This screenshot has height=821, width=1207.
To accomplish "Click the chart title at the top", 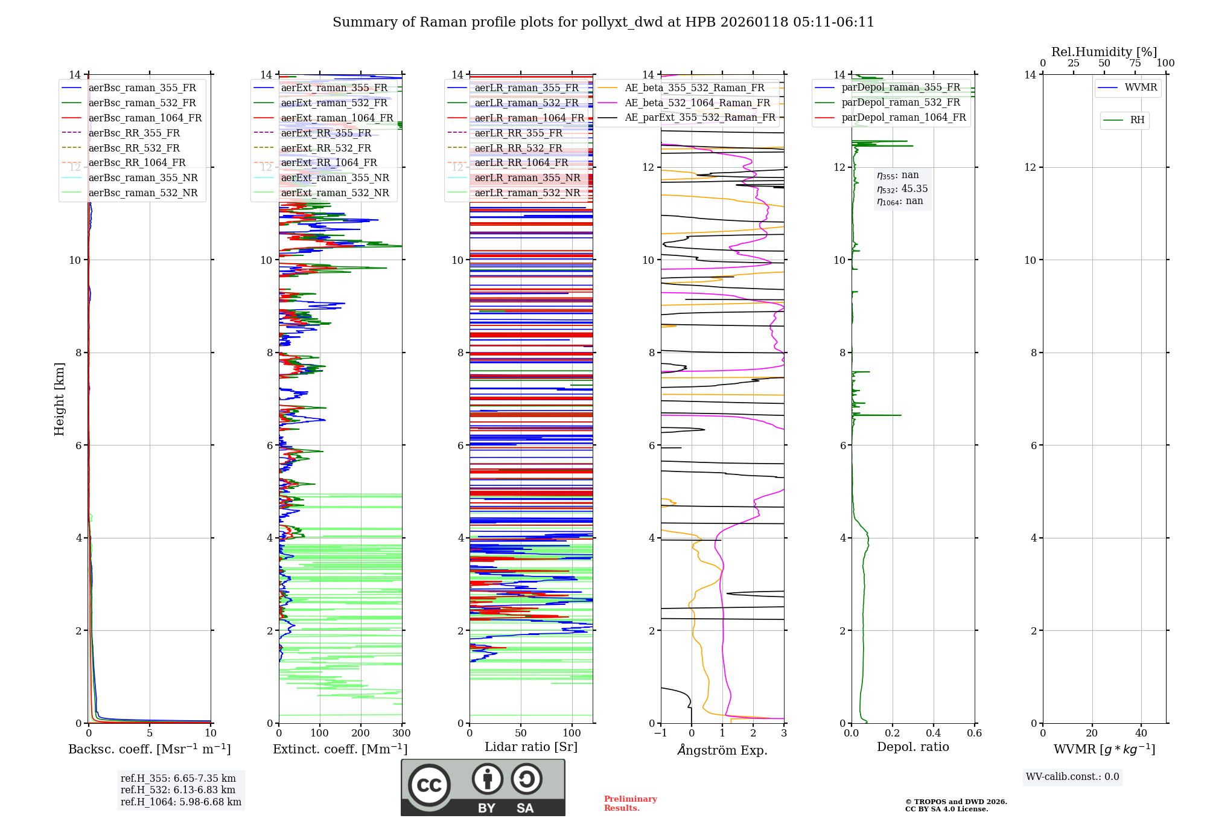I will click(x=603, y=22).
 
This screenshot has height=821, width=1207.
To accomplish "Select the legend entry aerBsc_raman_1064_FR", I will click(x=145, y=118).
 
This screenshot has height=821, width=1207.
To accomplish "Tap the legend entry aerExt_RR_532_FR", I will click(x=326, y=148).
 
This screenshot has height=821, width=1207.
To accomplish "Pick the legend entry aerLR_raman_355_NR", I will click(x=527, y=177).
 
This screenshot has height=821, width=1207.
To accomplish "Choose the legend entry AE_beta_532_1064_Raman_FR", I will click(x=697, y=103).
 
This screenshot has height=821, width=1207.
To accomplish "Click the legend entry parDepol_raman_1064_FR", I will click(x=903, y=117).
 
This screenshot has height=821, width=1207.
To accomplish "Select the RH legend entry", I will click(x=1137, y=120).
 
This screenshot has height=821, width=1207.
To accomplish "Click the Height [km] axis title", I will click(x=59, y=398).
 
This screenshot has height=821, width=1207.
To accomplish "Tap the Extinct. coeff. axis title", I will click(x=340, y=749).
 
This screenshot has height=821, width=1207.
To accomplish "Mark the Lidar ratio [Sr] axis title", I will click(x=530, y=747).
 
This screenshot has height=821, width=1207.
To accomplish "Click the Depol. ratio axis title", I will click(x=912, y=747).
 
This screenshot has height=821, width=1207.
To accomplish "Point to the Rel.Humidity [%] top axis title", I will click(x=1104, y=52).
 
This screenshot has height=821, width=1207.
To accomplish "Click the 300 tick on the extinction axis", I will click(x=401, y=733).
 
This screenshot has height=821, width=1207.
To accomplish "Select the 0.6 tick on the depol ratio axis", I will click(x=974, y=733).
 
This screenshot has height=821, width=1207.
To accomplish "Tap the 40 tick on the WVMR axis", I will click(x=1141, y=733).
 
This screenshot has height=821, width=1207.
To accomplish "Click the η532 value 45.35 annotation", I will click(x=902, y=188).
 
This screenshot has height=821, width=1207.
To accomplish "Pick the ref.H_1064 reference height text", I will click(x=180, y=802).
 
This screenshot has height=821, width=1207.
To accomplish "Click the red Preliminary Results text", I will click(x=630, y=803).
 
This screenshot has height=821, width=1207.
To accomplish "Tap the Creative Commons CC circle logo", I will click(x=429, y=785).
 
